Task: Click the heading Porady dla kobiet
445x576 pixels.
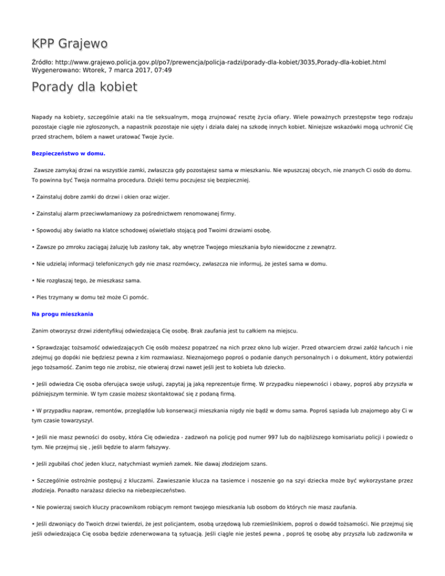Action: point(85,88)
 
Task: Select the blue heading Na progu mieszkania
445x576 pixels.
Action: point(64,315)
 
